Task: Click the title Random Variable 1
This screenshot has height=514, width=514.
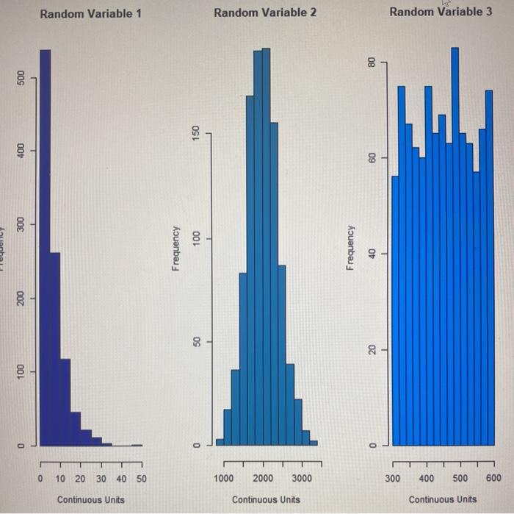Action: click(90, 14)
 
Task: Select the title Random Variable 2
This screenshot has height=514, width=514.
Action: click(265, 13)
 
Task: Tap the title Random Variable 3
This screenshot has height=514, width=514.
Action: click(441, 12)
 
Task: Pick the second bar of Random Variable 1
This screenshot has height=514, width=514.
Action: click(55, 349)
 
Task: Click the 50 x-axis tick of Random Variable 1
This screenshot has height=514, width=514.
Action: click(142, 479)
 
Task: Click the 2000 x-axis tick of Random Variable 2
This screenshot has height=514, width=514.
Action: click(263, 479)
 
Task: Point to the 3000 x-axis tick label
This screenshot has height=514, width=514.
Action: click(301, 479)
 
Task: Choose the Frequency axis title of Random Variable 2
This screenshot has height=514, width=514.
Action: click(175, 248)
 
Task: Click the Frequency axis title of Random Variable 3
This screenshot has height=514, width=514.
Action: click(351, 248)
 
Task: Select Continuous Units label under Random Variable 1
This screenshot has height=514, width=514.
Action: click(90, 500)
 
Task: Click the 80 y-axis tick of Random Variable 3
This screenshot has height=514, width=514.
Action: click(372, 63)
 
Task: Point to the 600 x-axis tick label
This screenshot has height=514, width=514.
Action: click(493, 479)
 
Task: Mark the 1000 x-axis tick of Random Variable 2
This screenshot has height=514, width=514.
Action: click(224, 479)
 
